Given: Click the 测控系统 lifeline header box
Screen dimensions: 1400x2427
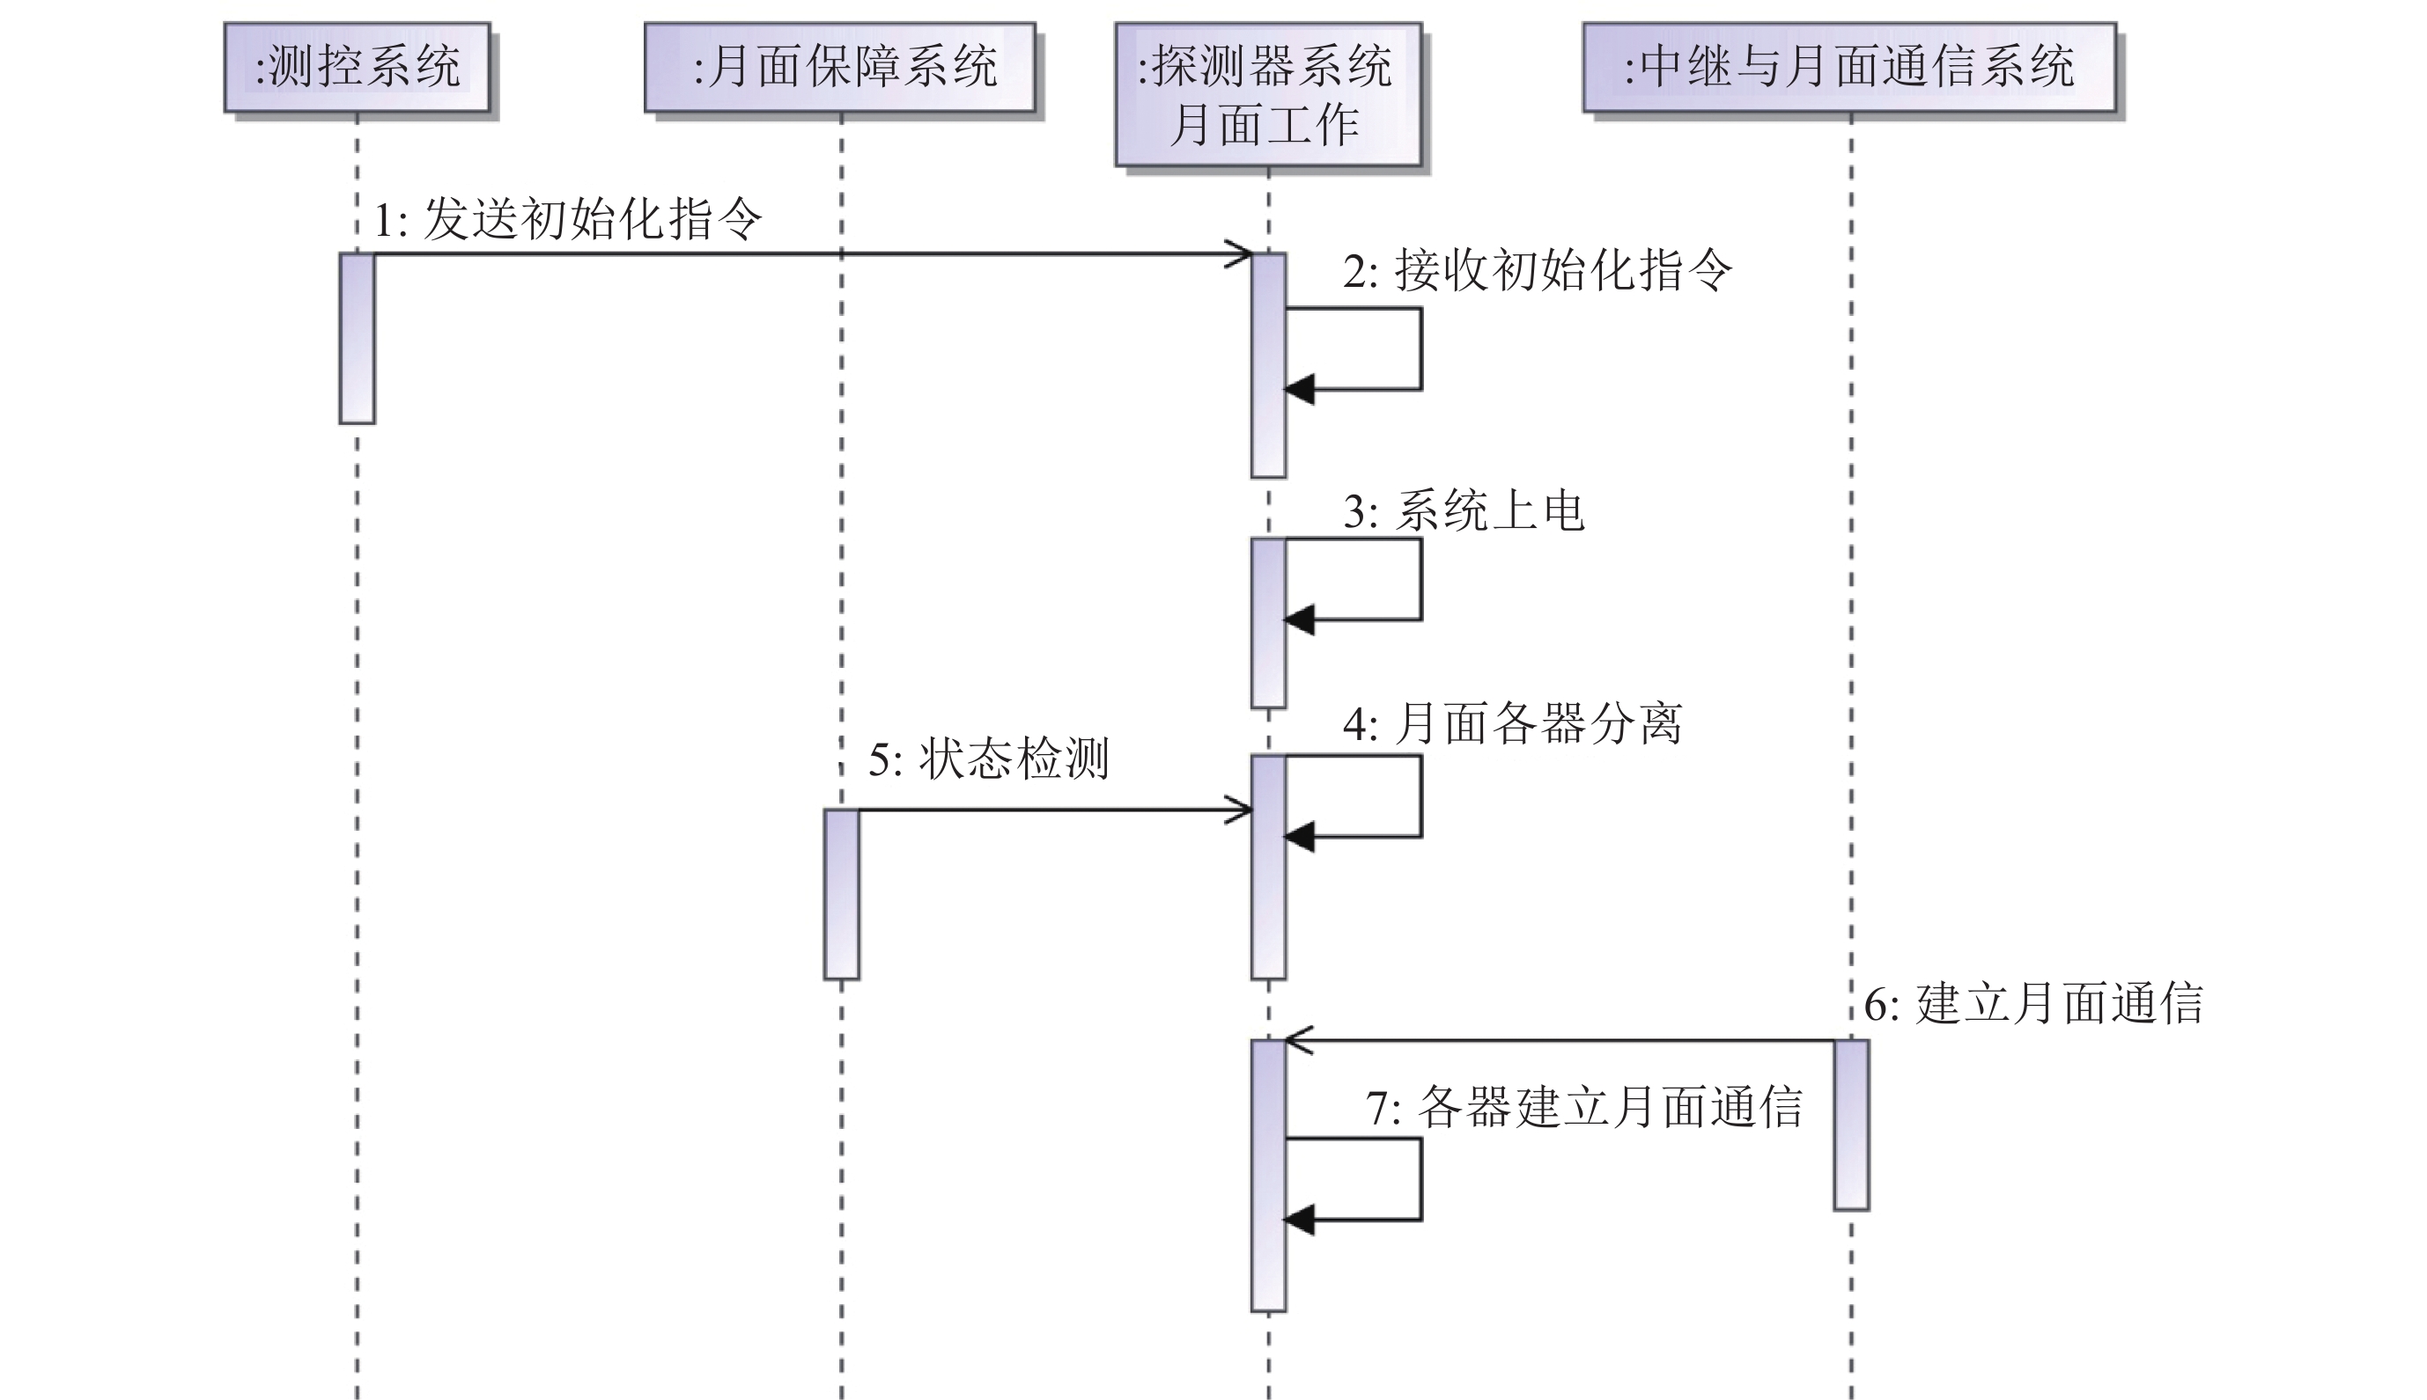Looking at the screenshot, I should coord(357,67).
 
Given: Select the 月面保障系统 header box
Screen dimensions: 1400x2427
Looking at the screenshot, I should coord(840,67).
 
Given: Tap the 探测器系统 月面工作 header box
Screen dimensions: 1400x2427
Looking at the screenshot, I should coord(1268,94).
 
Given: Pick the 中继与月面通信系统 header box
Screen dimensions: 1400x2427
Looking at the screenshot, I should coord(1848,67).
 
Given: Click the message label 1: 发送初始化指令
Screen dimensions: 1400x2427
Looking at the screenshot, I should coord(567,219).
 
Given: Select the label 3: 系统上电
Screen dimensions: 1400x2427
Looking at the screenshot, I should coord(1463,510).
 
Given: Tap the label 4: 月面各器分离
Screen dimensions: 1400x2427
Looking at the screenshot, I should coord(1512,723).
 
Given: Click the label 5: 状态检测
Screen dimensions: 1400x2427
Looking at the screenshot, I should coord(989,759).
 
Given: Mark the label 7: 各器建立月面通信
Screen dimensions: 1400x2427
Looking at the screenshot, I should coord(1583,1107).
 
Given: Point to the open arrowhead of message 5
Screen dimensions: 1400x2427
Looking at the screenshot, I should coord(1241,810).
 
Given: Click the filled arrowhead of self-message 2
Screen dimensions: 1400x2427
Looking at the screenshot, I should coord(1300,390).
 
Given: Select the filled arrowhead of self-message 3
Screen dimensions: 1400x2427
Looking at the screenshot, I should coord(1300,620).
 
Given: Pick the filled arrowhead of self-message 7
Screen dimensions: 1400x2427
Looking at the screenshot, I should coord(1300,1220).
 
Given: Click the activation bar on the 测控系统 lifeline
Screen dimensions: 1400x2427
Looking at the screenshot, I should coord(357,339).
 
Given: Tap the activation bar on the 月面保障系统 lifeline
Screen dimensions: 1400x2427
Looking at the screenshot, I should coord(842,894).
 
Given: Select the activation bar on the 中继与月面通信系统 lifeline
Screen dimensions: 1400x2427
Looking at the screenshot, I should coord(1851,1124).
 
